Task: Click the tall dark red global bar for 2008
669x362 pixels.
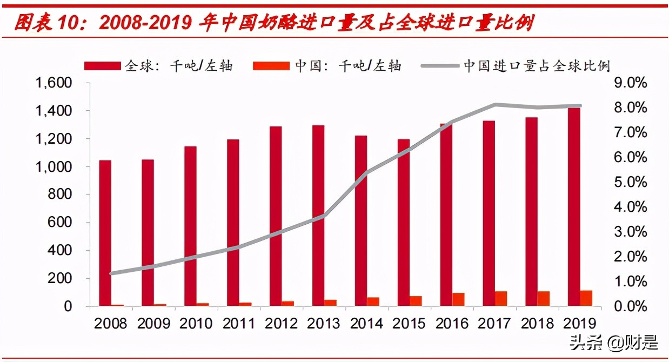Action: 105,232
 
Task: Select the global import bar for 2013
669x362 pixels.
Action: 318,216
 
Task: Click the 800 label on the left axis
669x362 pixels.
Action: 61,195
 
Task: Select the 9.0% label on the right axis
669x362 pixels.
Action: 628,83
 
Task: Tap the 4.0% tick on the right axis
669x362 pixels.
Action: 628,207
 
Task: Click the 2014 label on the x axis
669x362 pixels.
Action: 366,324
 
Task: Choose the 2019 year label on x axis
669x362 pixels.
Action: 579,324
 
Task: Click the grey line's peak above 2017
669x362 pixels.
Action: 495,104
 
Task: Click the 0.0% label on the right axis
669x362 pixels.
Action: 628,306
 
